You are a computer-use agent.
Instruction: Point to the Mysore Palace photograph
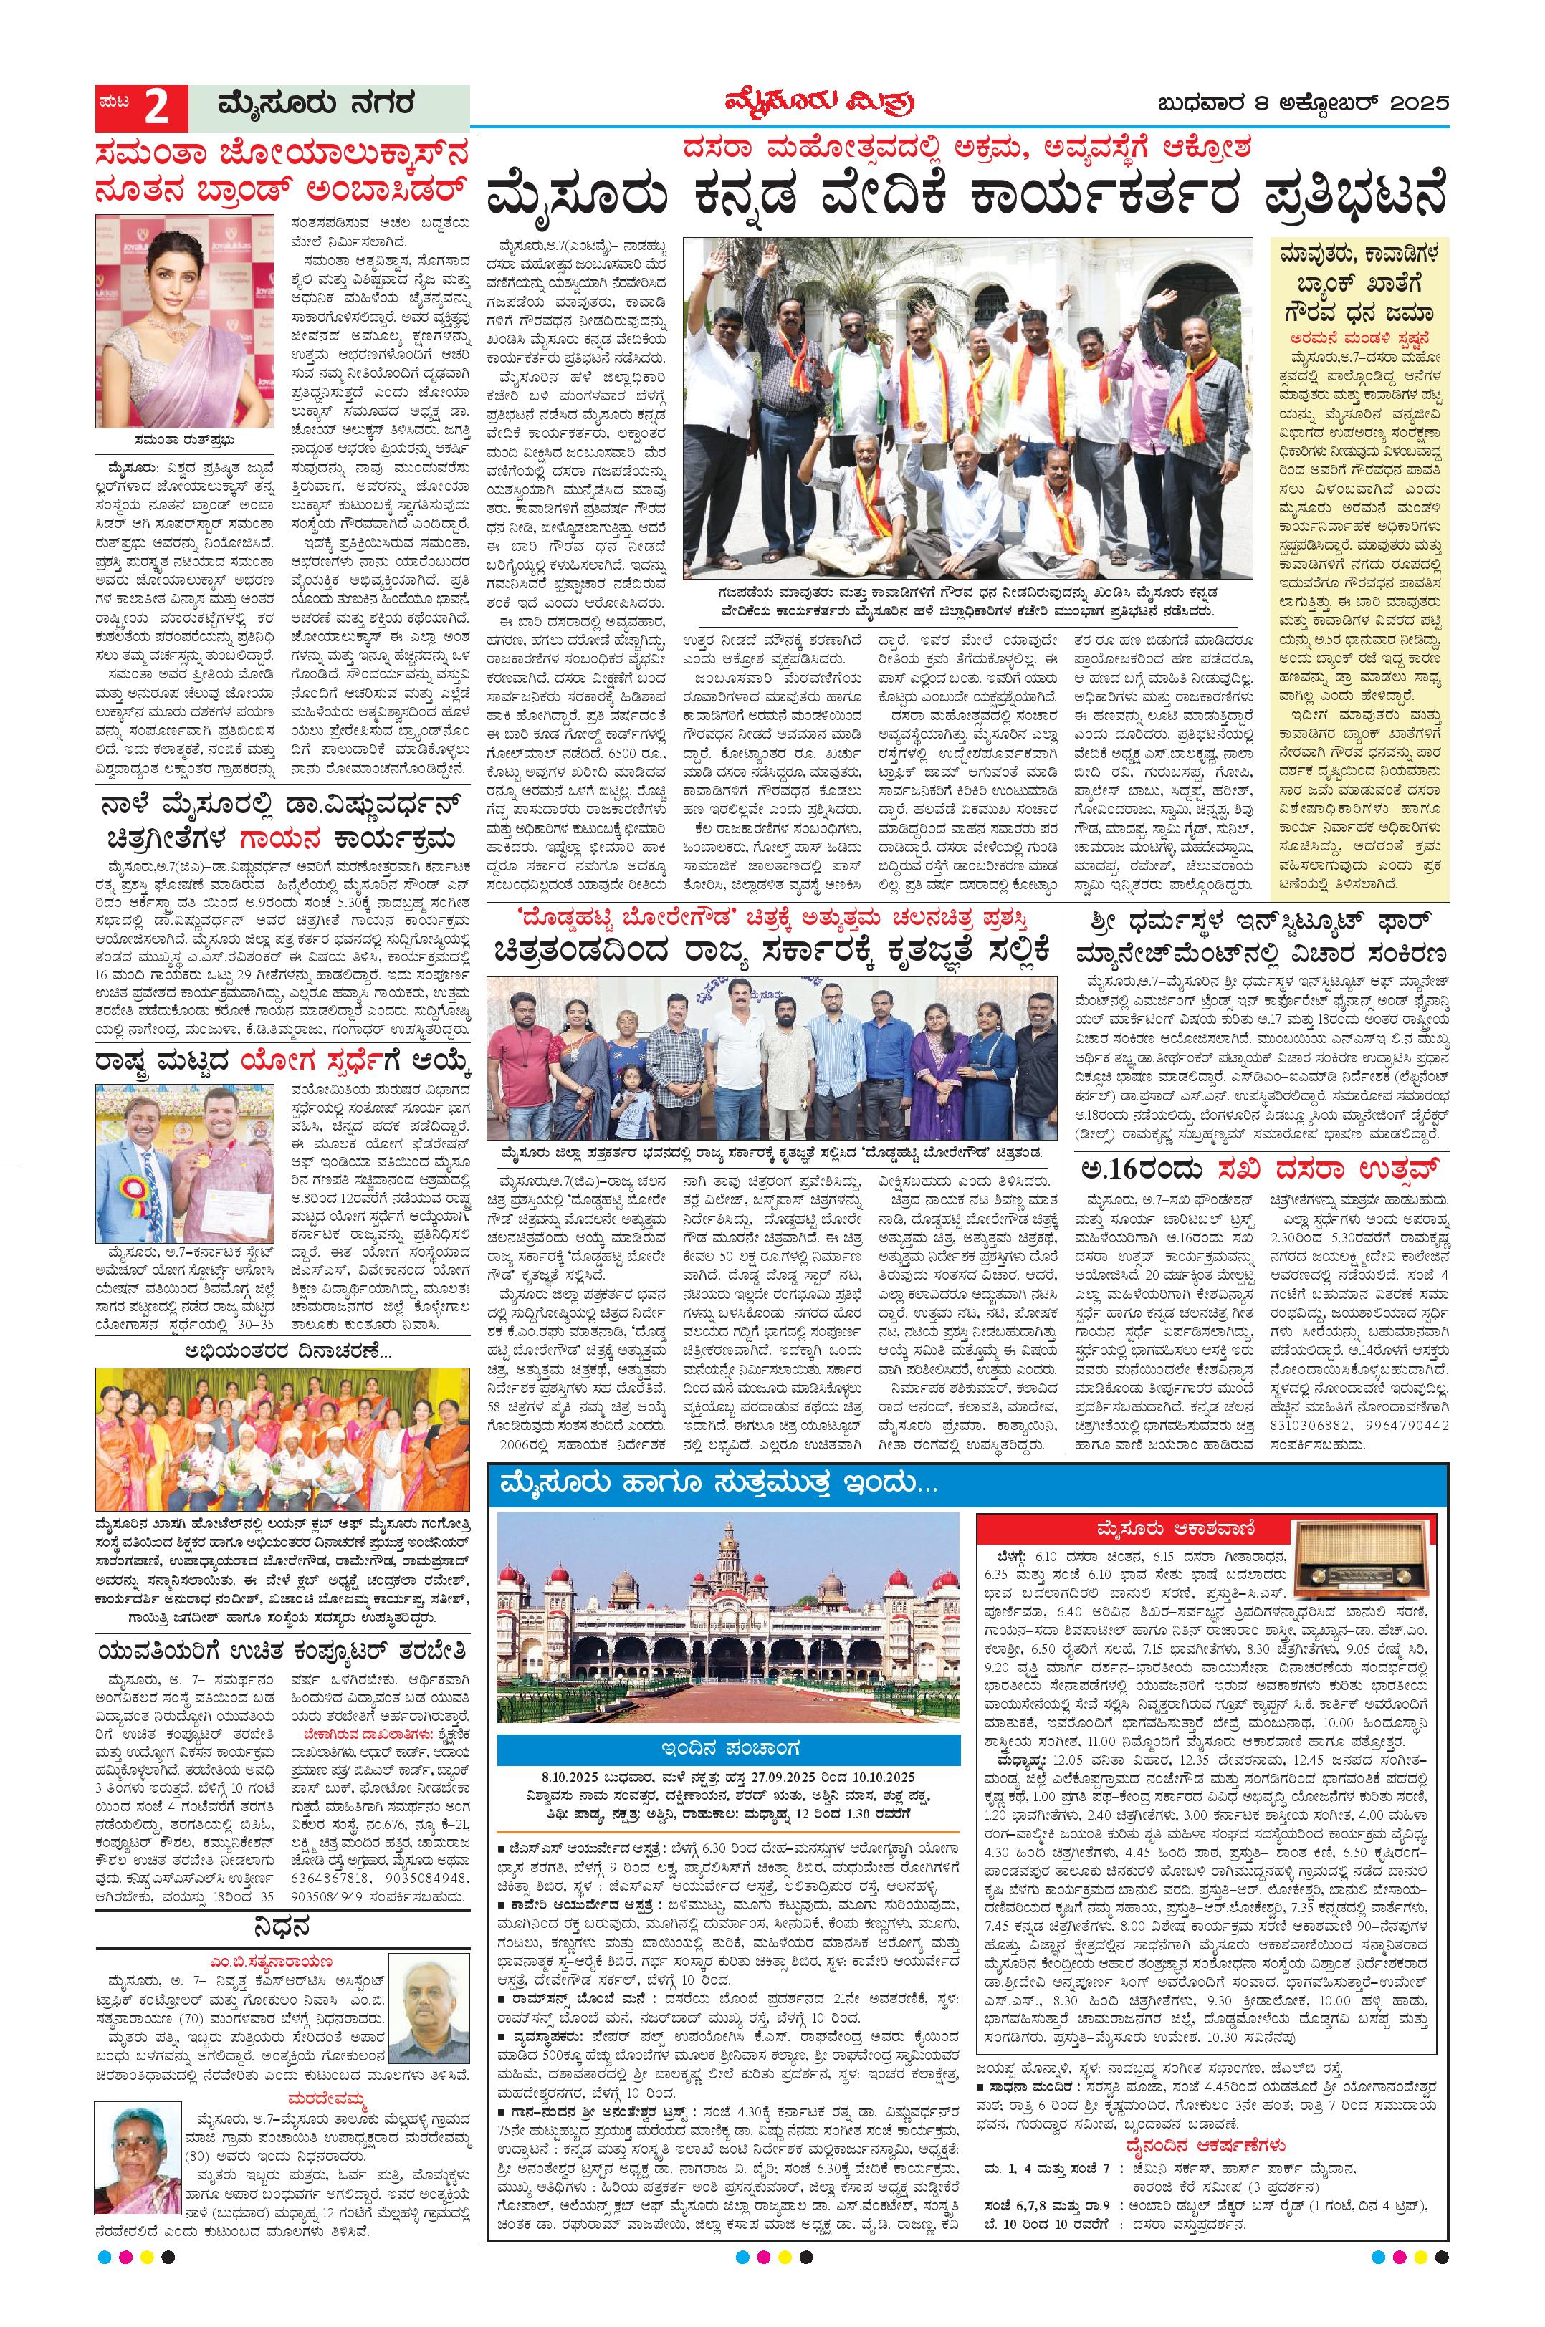coord(728,1618)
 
